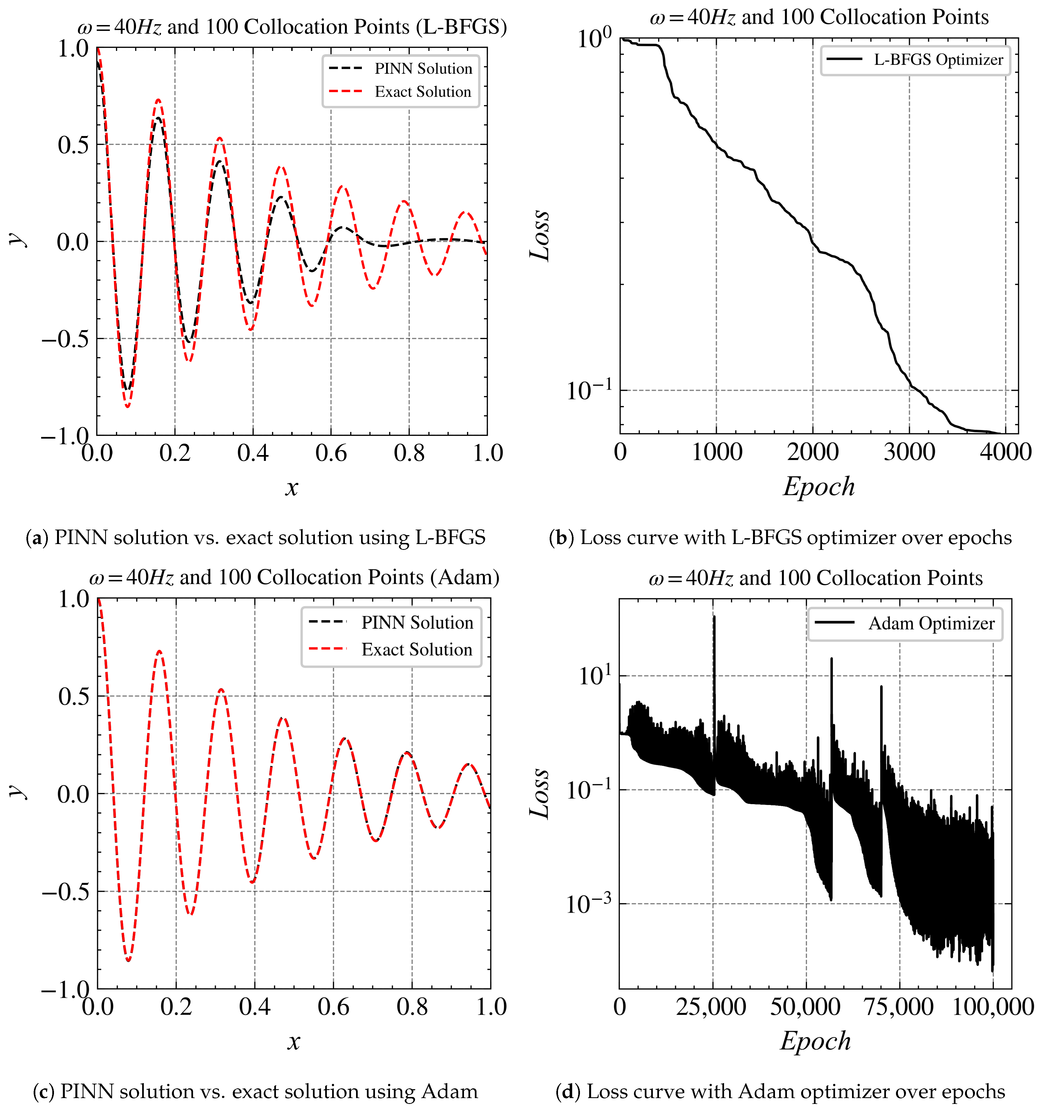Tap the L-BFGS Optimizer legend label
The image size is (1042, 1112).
pos(939,60)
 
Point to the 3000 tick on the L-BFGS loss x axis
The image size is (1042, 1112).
pos(909,452)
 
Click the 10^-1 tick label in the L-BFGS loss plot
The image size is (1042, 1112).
pos(588,391)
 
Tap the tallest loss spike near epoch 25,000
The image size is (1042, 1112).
pos(714,617)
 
